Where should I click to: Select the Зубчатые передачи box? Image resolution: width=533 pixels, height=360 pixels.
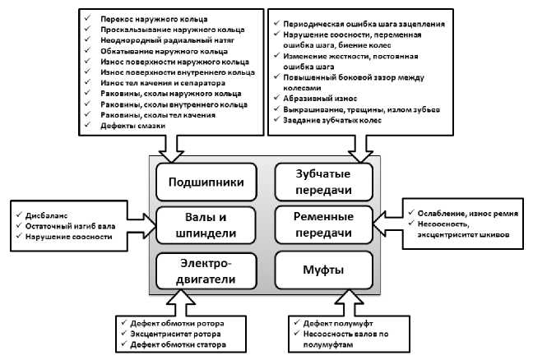(x=322, y=181)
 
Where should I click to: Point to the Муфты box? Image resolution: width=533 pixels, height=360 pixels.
(x=322, y=270)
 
